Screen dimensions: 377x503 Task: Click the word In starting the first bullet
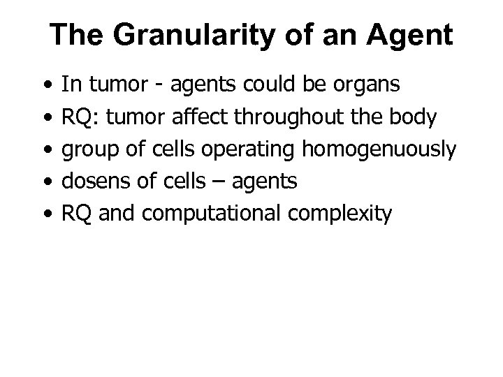[70, 86]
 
